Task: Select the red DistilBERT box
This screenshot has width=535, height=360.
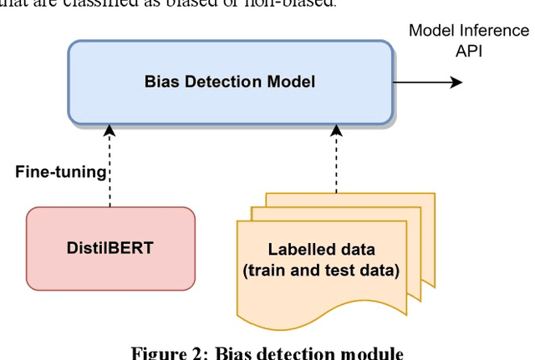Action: (x=111, y=248)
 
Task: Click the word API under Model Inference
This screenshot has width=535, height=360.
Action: (x=469, y=50)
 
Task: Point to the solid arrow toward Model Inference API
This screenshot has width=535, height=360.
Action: (x=426, y=82)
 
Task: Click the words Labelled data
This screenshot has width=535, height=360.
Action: (x=322, y=249)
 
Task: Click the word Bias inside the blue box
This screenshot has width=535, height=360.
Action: (x=161, y=82)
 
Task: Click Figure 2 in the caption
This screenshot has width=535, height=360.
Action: (x=167, y=352)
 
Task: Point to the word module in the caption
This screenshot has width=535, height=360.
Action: (x=371, y=352)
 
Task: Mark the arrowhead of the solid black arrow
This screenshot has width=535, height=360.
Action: (x=456, y=82)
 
